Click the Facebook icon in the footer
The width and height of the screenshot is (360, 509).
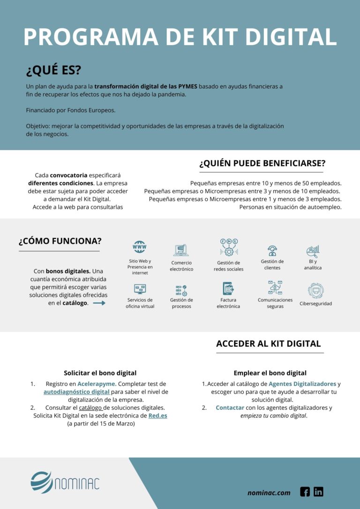(305, 492)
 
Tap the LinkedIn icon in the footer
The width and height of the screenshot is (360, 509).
(319, 492)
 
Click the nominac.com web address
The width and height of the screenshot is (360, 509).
(269, 493)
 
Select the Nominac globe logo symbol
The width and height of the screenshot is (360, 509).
(42, 482)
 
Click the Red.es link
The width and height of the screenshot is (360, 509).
(157, 416)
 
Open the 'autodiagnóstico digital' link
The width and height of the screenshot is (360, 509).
(77, 392)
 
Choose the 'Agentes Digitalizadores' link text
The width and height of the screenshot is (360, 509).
(302, 384)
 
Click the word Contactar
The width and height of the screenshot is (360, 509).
(230, 408)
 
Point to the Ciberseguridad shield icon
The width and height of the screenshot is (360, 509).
(316, 291)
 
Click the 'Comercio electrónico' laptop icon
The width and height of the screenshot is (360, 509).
(181, 250)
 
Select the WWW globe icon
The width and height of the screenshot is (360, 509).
(139, 247)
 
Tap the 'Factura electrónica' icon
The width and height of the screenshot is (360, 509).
(228, 288)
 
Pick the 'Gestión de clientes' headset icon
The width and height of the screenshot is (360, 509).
(272, 250)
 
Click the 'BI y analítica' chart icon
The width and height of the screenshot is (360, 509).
(313, 251)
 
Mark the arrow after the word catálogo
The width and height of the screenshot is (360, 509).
(99, 303)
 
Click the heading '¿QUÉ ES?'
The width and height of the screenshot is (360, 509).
(53, 70)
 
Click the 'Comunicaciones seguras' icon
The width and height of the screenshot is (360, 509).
(275, 287)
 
